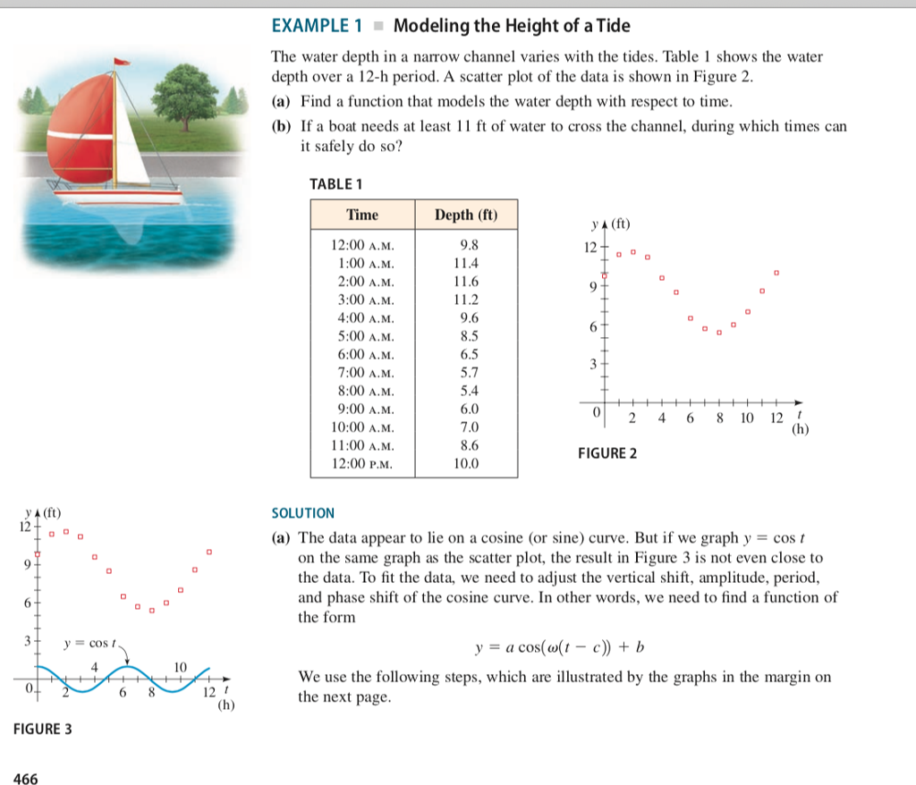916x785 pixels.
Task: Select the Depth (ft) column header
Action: coord(465,215)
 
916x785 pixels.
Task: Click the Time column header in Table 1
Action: coord(362,215)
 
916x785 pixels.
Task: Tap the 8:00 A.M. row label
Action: coord(362,391)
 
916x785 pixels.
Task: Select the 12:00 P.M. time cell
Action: coord(362,464)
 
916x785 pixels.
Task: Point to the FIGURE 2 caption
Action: coord(607,453)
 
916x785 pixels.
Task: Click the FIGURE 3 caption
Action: coord(43,729)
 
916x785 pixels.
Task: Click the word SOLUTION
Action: coord(302,513)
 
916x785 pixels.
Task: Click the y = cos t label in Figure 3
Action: coord(90,643)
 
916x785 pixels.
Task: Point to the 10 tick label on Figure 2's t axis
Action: coord(747,418)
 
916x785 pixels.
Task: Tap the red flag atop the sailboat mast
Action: coord(123,62)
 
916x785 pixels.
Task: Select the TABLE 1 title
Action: coord(335,184)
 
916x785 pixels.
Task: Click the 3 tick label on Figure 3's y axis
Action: coord(26,641)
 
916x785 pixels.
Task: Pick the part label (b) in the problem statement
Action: coord(281,126)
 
